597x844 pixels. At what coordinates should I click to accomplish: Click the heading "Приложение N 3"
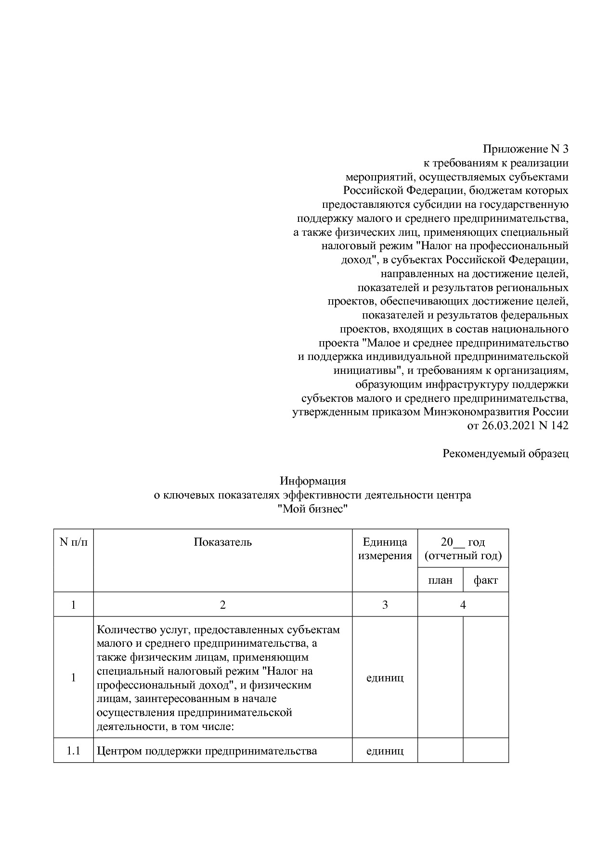click(525, 149)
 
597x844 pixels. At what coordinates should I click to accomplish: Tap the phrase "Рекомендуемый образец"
click(506, 453)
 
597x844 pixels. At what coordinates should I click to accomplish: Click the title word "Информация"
click(313, 481)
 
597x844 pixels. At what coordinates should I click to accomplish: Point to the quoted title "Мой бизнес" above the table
click(313, 509)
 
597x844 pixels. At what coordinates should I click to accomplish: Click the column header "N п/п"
click(73, 542)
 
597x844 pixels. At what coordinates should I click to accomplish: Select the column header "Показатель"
click(222, 542)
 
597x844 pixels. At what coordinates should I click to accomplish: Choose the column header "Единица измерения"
click(385, 549)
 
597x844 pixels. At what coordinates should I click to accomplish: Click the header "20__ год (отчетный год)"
click(463, 549)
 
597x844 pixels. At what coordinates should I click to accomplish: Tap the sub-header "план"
click(440, 580)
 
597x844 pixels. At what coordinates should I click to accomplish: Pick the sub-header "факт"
click(485, 580)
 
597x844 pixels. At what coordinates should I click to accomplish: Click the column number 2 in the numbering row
click(222, 605)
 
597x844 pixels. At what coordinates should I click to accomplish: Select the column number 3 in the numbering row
click(385, 605)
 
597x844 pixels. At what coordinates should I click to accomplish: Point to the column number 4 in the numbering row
click(463, 605)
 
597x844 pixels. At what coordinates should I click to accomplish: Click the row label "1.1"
click(73, 751)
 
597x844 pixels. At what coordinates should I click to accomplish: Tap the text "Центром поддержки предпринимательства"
click(207, 751)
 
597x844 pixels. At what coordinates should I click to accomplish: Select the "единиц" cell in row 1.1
click(385, 751)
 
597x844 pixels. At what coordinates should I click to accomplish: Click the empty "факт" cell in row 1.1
click(485, 751)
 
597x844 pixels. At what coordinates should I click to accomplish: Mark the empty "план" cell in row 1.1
click(440, 751)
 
